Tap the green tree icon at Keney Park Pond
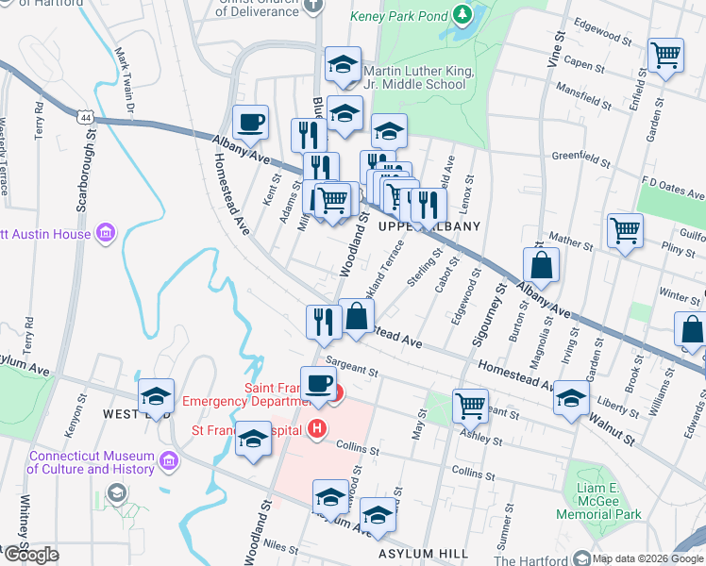462,15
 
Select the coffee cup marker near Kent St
250,123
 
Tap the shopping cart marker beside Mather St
625,229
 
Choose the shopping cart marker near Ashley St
470,406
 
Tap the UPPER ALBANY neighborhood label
429,226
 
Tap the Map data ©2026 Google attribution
647,558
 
